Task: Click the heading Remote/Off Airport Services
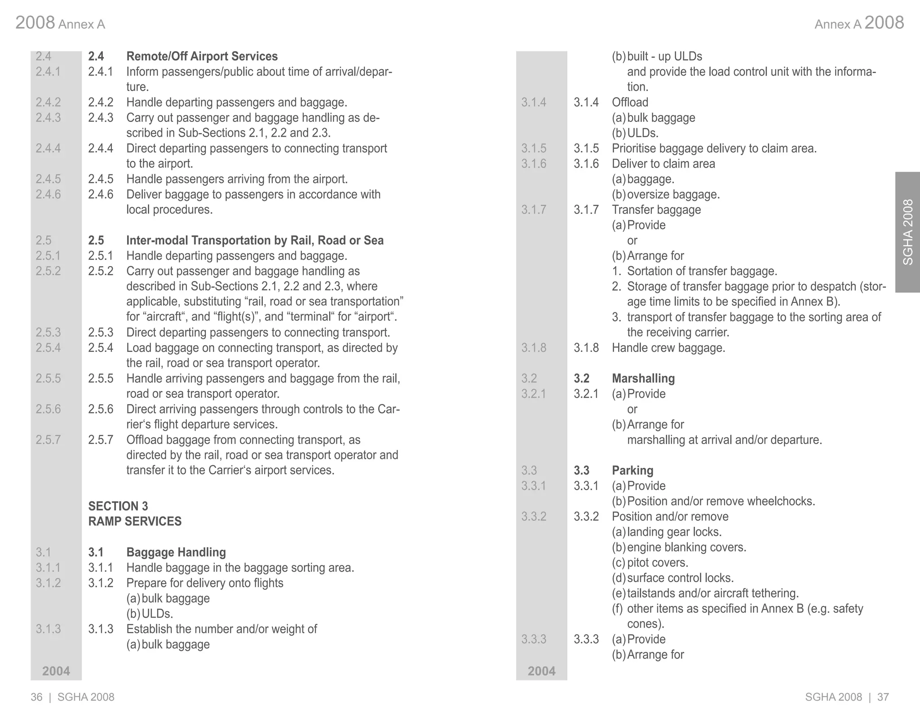tap(202, 56)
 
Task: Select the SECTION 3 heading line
tap(118, 506)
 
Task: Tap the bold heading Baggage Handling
tap(176, 552)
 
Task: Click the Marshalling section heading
tap(643, 378)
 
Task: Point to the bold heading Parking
tap(632, 471)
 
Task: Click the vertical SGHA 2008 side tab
tap(907, 232)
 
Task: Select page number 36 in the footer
tap(36, 697)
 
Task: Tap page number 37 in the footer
tap(883, 697)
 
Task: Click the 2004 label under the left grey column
tap(56, 671)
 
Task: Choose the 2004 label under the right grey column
tap(541, 671)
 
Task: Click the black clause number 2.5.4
tap(101, 348)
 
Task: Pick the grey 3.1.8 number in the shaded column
tap(534, 348)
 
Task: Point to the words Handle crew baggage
tap(668, 348)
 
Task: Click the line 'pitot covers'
tap(657, 563)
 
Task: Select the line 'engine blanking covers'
tap(686, 547)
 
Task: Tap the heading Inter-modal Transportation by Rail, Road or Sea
tap(255, 240)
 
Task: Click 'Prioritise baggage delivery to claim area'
tap(714, 148)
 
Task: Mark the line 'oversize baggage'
tap(673, 195)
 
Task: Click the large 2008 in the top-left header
tap(35, 22)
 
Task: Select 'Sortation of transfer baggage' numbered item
tap(702, 271)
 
